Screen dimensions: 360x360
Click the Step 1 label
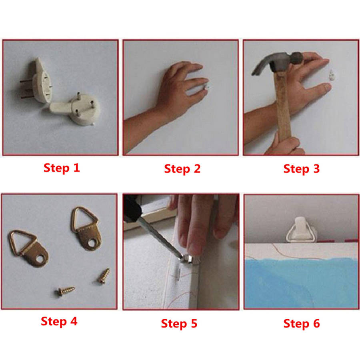(x=62, y=168)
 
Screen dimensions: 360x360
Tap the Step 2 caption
(x=182, y=169)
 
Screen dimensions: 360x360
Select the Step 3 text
(x=302, y=169)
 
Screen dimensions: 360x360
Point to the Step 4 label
(x=59, y=321)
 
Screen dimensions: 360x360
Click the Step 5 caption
(x=179, y=324)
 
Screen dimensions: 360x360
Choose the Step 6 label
(x=302, y=324)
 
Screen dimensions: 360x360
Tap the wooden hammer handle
(x=283, y=106)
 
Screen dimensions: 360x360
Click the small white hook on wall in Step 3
(x=332, y=75)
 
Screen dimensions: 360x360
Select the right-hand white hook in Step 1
(x=78, y=109)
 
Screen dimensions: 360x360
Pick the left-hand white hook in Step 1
(x=39, y=82)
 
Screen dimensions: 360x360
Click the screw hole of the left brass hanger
(x=40, y=260)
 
